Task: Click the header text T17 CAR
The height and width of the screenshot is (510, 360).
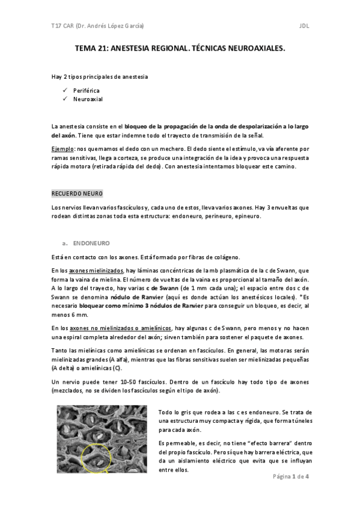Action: pyautogui.click(x=61, y=26)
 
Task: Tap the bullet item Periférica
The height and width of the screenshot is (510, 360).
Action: pyautogui.click(x=87, y=90)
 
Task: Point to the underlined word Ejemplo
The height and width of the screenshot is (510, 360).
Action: pyautogui.click(x=64, y=148)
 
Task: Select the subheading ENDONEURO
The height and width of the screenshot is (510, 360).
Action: pyautogui.click(x=91, y=243)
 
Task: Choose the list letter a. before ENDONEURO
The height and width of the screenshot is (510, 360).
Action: pyautogui.click(x=64, y=243)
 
